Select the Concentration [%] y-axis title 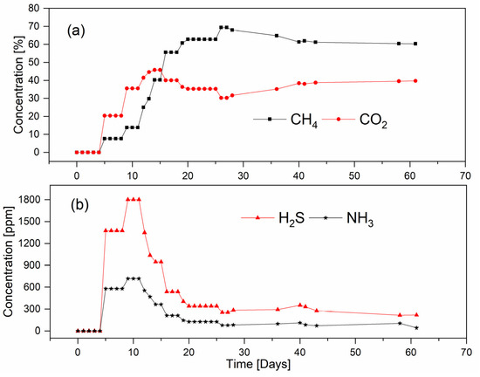tap(15, 84)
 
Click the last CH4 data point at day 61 tap(415, 44)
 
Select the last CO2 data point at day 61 tap(415, 80)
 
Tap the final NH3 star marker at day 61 tap(415, 327)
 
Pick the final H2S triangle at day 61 tap(415, 314)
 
